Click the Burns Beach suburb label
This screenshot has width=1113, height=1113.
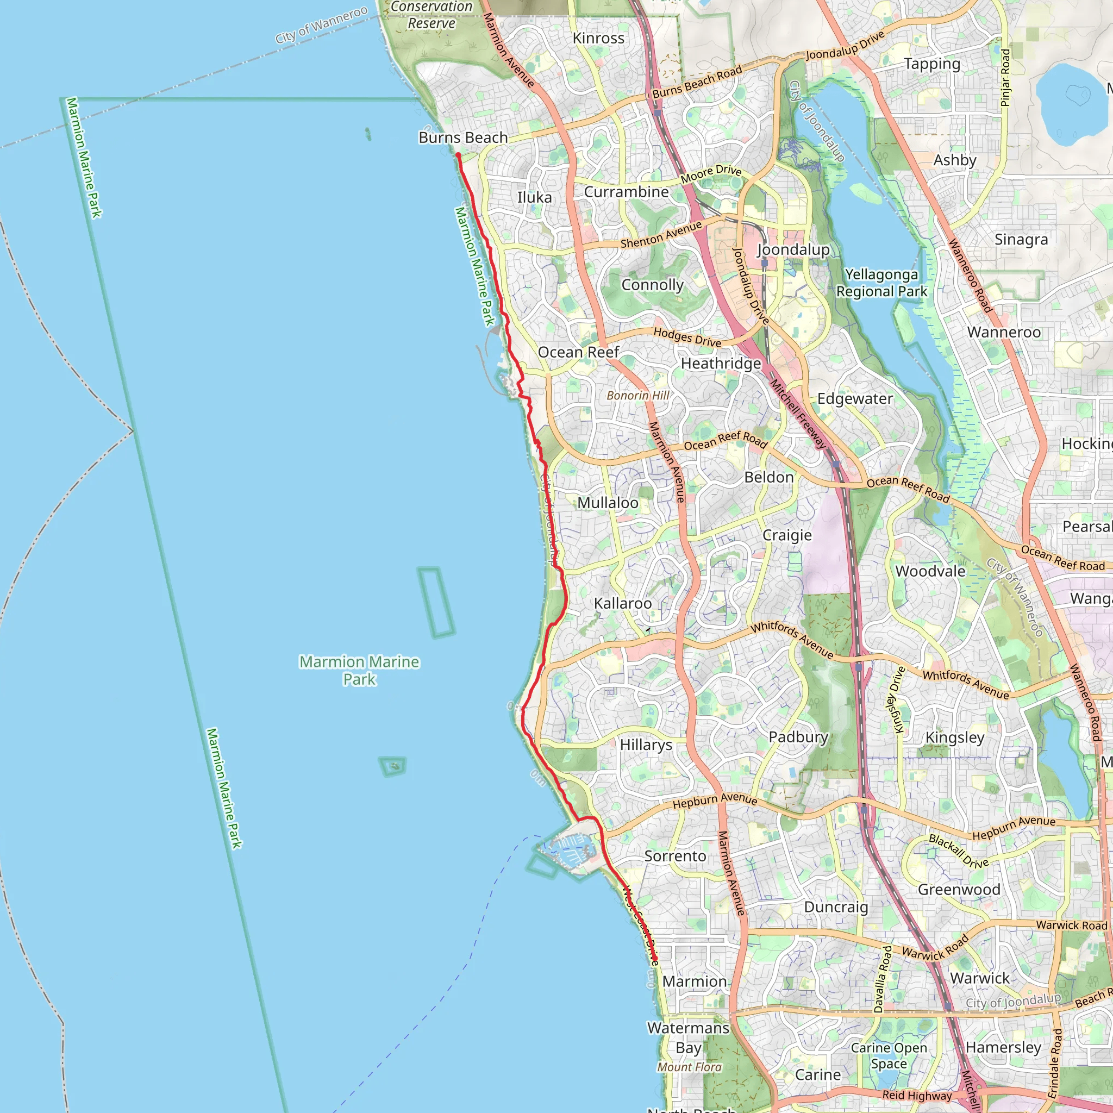463,137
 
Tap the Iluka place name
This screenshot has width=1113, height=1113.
534,198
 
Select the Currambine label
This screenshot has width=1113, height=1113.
626,192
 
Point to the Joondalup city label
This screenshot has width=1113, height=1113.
793,249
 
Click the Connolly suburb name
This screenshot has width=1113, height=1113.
652,285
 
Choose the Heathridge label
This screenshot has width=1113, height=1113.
721,364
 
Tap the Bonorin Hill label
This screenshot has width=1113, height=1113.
637,395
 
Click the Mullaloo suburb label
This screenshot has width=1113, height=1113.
608,503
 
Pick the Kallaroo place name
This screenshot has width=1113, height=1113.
623,603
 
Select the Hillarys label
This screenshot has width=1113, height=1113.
646,745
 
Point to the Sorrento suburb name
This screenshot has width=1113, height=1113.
675,856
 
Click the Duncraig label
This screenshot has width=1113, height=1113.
836,908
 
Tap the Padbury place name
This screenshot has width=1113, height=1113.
798,737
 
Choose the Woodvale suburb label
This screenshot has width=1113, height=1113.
930,572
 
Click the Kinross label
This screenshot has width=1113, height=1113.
598,39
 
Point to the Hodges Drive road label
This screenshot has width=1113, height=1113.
687,337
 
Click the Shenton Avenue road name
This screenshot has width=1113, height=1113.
661,235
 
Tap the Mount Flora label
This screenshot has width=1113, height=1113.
690,1067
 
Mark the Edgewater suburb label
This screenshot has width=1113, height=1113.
855,399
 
